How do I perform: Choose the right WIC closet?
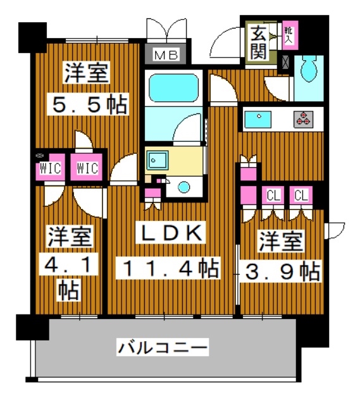(x=87, y=168)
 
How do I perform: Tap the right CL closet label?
(x=301, y=195)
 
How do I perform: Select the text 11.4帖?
(x=169, y=268)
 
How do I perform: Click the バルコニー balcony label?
(x=163, y=347)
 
